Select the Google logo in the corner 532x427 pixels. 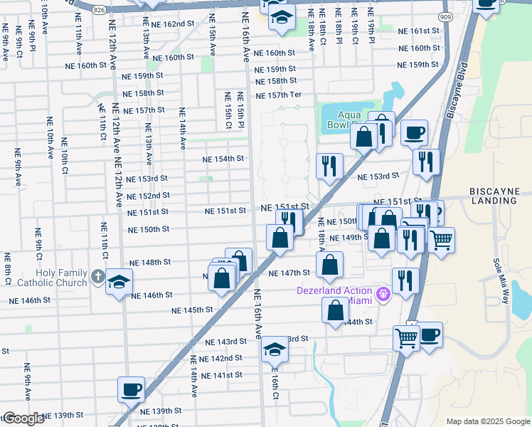23,418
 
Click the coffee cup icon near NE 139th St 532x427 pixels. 131,389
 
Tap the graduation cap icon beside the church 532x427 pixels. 119,283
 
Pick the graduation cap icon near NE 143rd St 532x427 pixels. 275,349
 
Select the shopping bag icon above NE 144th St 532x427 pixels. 336,311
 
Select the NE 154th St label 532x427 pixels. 223,159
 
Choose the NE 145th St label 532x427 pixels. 193,310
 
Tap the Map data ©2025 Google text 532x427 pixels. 487,421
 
